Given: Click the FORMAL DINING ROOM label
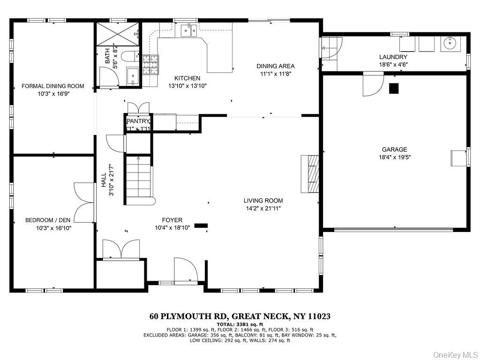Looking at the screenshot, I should click(x=53, y=86).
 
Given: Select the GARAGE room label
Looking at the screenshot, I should click(x=394, y=150).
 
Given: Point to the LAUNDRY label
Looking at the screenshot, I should click(x=394, y=57).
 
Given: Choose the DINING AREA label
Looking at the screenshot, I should click(x=275, y=66).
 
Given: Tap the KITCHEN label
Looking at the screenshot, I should click(x=187, y=78).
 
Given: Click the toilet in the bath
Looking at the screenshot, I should click(x=128, y=57).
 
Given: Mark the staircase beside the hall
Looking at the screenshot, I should click(x=139, y=178).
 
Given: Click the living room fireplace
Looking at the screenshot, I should click(x=311, y=173).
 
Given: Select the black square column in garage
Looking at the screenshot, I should click(x=394, y=88).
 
